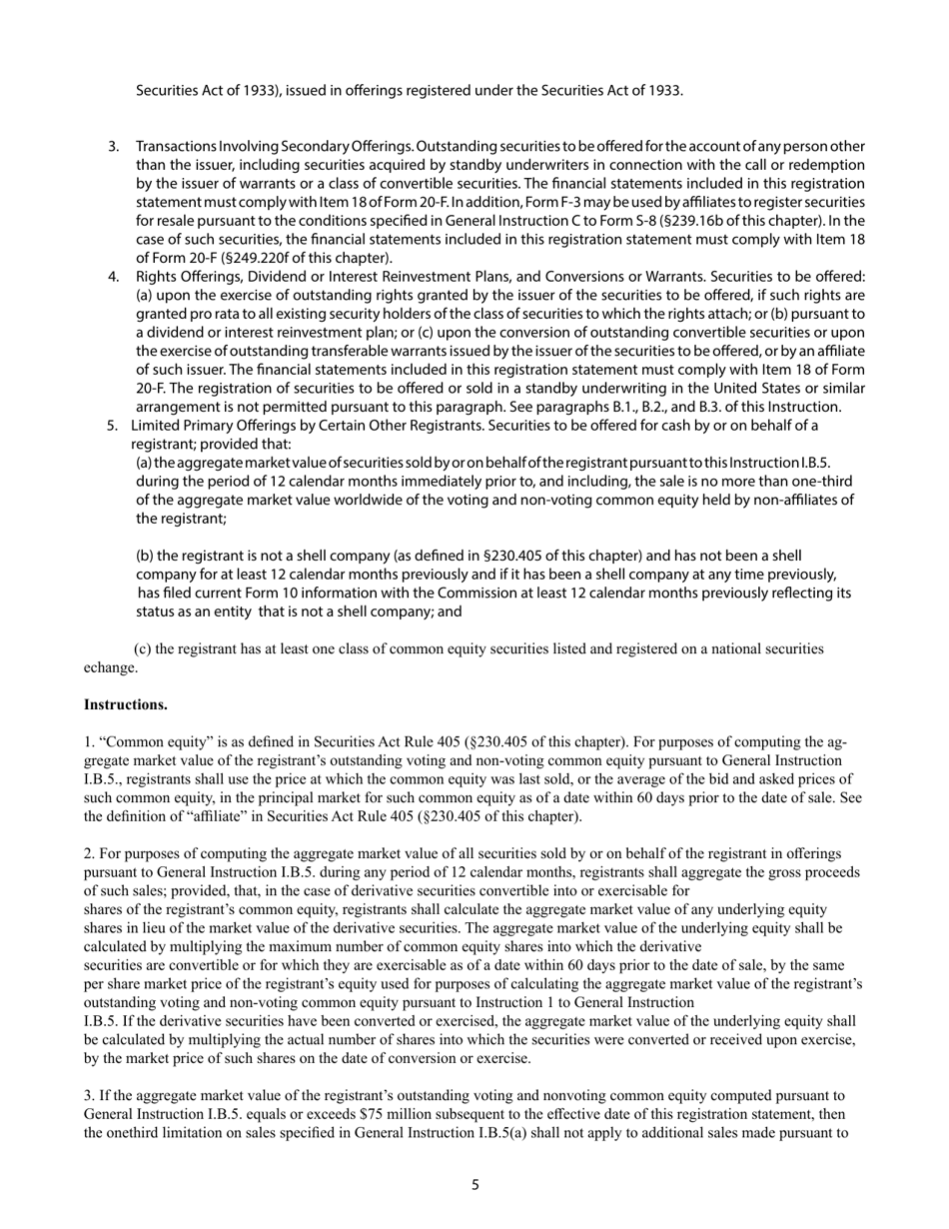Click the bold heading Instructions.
click(125, 704)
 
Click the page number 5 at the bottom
click(475, 1185)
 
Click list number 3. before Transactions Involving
click(114, 147)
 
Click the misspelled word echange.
click(111, 666)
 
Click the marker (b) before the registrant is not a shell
click(146, 556)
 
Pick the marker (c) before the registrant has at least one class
click(143, 648)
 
